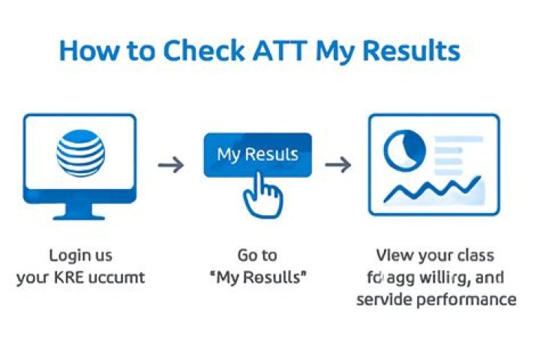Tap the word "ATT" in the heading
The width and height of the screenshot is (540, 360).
click(x=279, y=51)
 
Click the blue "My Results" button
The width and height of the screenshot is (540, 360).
click(x=257, y=155)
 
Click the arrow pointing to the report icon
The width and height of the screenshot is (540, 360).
click(x=338, y=164)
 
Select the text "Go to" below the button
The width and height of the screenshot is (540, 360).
click(x=257, y=256)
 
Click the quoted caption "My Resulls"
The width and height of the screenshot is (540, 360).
click(x=257, y=278)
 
